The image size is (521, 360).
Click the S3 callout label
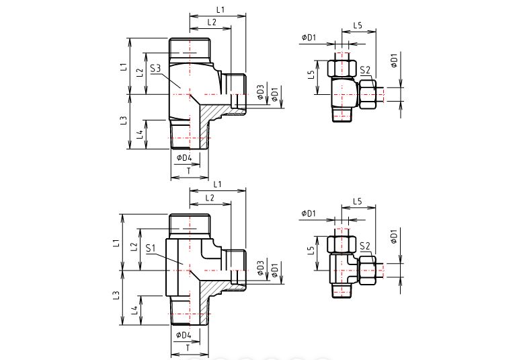coord(155,69)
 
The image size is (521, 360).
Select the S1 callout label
coord(151,248)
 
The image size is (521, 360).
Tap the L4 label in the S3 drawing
coord(141,135)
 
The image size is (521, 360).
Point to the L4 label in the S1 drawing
coord(134,310)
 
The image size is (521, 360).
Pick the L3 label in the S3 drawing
coord(124,120)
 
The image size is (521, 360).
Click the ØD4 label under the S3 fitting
coord(184,157)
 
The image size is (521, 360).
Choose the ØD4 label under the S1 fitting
coord(184,334)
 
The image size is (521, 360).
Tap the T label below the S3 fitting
coord(189,171)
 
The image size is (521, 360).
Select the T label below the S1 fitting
coord(188,348)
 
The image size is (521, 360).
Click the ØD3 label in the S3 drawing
coord(261,92)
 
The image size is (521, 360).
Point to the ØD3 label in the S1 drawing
coord(260,268)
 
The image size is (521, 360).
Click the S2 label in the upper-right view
coord(365,70)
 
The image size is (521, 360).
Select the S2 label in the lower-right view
coord(365,246)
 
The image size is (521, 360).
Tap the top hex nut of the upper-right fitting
coord(342,68)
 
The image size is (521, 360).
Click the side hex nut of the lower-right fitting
coord(367,270)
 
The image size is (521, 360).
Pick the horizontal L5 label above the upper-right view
coord(358,26)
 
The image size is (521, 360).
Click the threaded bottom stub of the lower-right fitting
coord(342,291)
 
